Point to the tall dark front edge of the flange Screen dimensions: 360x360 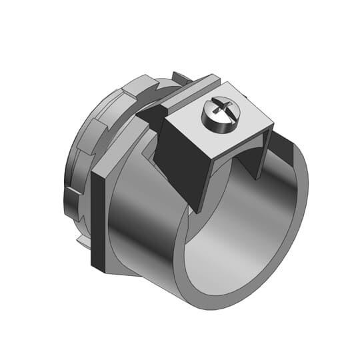point(99,220)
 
